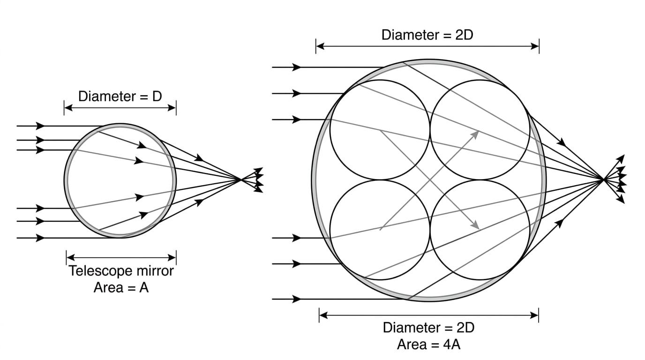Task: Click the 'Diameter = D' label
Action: (x=120, y=96)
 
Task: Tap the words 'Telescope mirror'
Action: (x=121, y=271)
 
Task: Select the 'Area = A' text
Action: (x=121, y=287)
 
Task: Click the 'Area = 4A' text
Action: (x=429, y=345)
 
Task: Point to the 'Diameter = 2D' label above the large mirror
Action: (x=427, y=35)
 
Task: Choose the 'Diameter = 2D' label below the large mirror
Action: (x=429, y=328)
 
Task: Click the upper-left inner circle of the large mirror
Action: (x=330, y=130)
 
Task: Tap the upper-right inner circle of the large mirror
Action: (x=530, y=130)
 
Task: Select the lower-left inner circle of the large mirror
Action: (x=330, y=230)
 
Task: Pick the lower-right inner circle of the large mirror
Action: (x=530, y=230)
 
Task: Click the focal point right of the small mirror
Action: (x=240, y=180)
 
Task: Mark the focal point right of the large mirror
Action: (x=603, y=180)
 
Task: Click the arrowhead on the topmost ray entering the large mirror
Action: (x=296, y=67)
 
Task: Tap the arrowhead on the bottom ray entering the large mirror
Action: (x=296, y=299)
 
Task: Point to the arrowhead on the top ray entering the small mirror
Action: (x=40, y=126)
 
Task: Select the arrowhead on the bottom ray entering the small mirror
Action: (x=40, y=238)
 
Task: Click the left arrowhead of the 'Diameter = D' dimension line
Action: (x=68, y=108)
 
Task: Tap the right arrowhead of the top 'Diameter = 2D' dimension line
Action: (x=535, y=46)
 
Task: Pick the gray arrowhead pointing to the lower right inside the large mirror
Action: (x=475, y=225)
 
